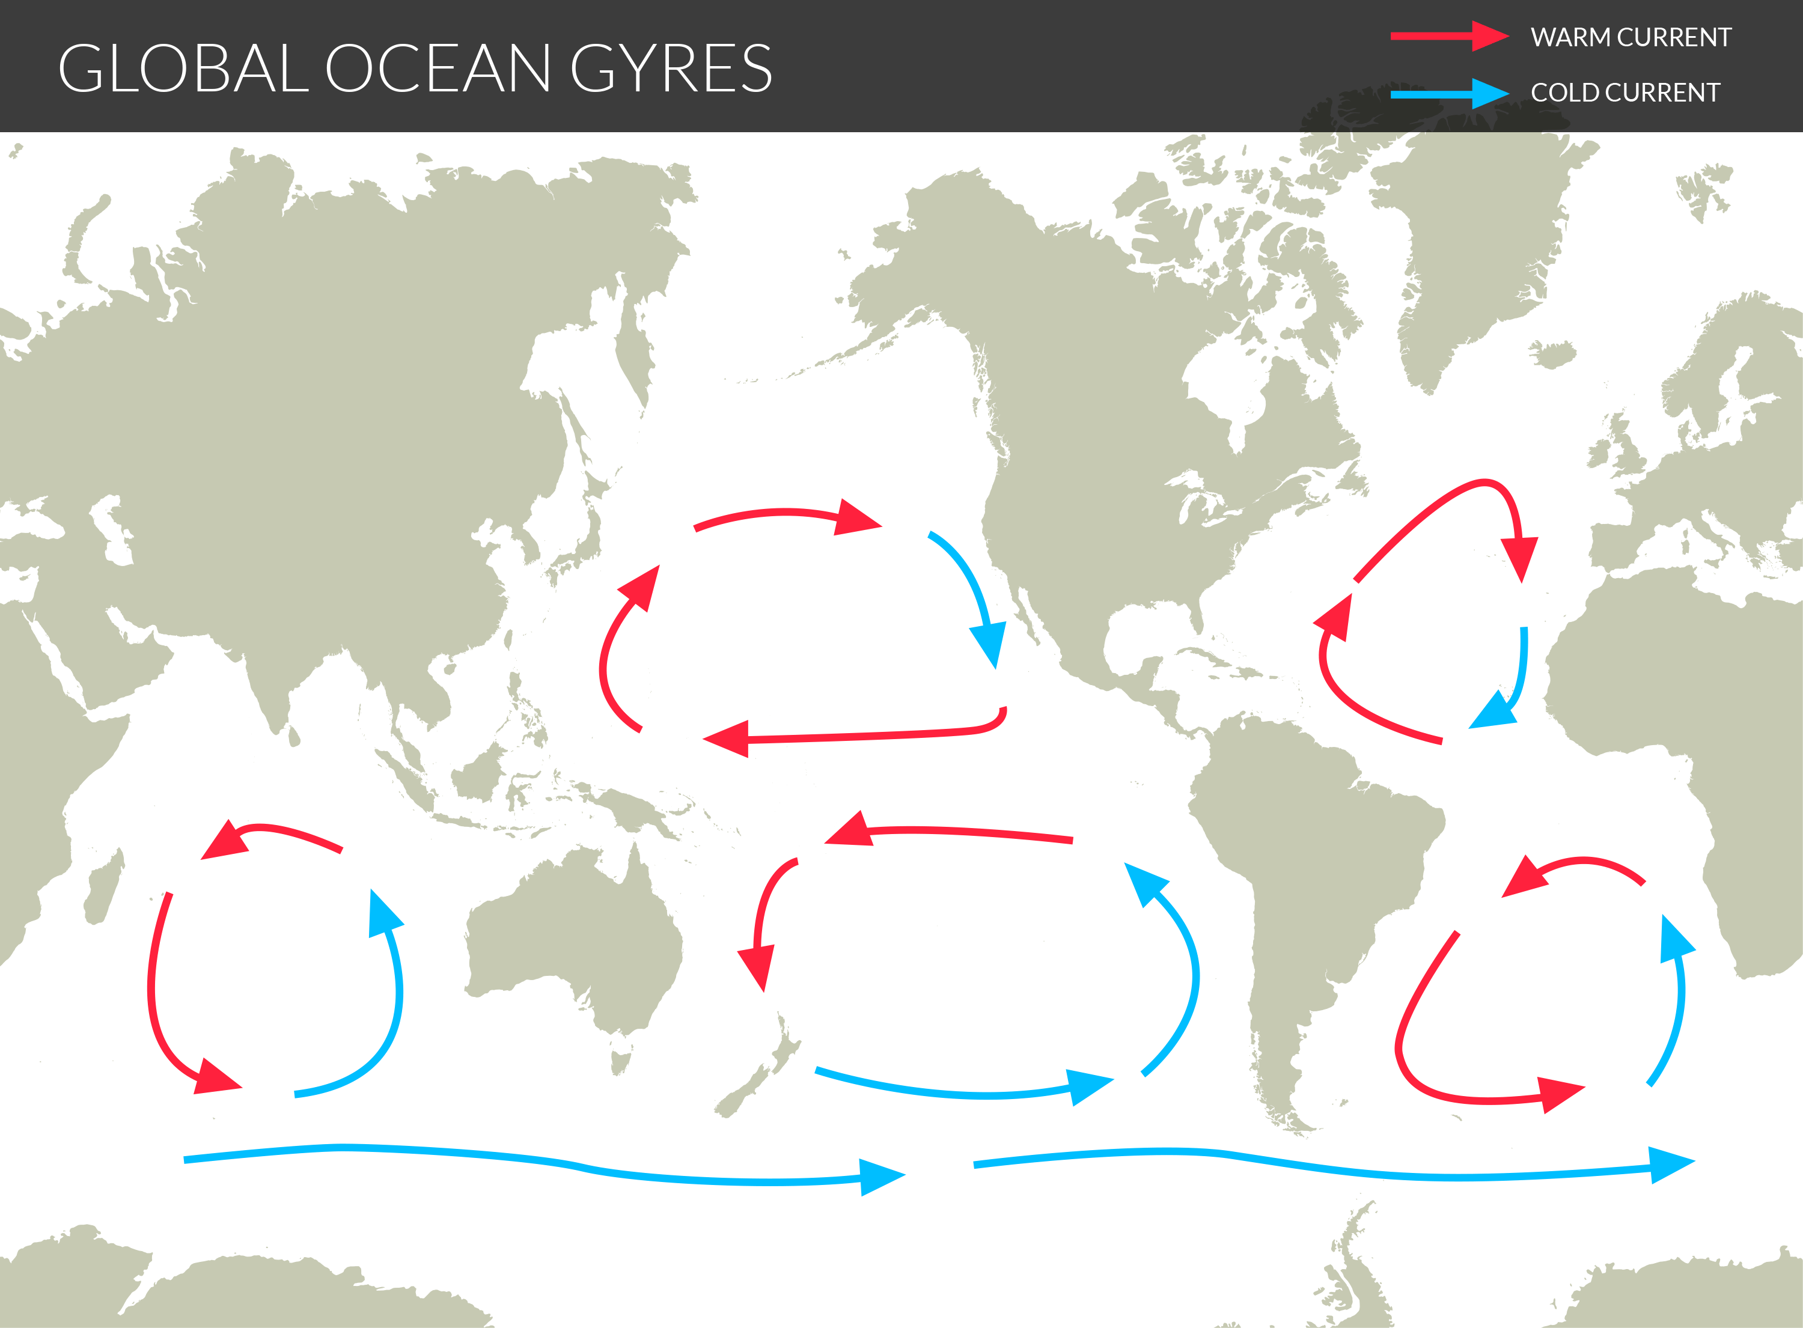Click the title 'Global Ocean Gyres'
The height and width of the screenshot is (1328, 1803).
click(x=415, y=69)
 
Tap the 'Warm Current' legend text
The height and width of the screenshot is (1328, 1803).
click(x=1630, y=37)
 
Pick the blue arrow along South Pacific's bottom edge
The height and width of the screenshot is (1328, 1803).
click(x=965, y=1089)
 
